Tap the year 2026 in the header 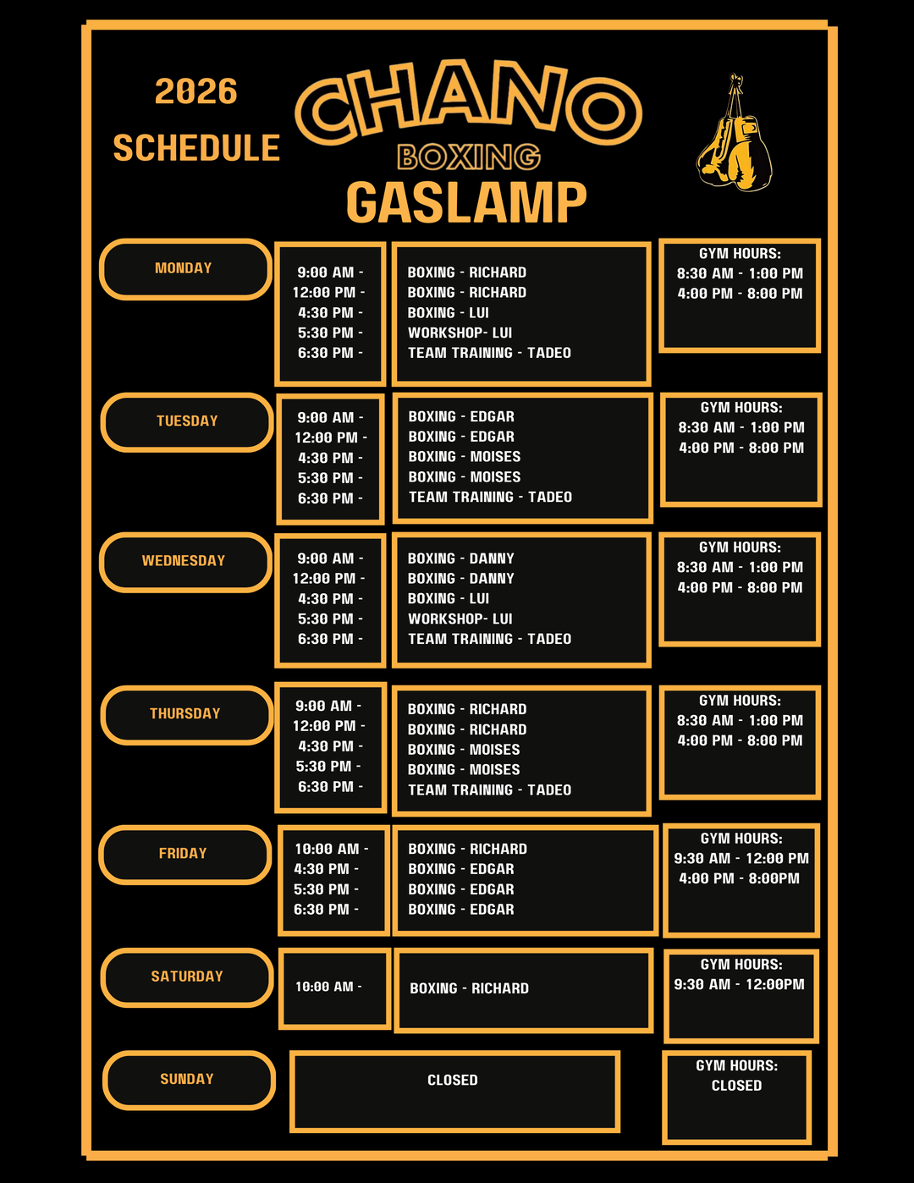click(x=196, y=91)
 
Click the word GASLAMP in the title click(x=466, y=202)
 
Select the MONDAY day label click(x=184, y=268)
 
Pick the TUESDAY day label click(x=187, y=421)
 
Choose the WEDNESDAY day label click(x=184, y=561)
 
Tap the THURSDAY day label click(x=185, y=713)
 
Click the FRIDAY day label click(x=183, y=853)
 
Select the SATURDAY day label click(x=187, y=977)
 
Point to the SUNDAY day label click(x=187, y=1079)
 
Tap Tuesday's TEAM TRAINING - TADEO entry click(x=490, y=497)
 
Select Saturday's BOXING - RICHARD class click(x=469, y=988)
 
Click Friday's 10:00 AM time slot click(x=331, y=849)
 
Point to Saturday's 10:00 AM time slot click(x=328, y=987)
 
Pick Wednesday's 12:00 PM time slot click(x=328, y=578)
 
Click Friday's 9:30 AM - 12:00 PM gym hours click(x=741, y=859)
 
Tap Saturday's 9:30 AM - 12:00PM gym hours click(x=740, y=984)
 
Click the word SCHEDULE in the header click(x=196, y=147)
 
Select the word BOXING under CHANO click(x=469, y=157)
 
